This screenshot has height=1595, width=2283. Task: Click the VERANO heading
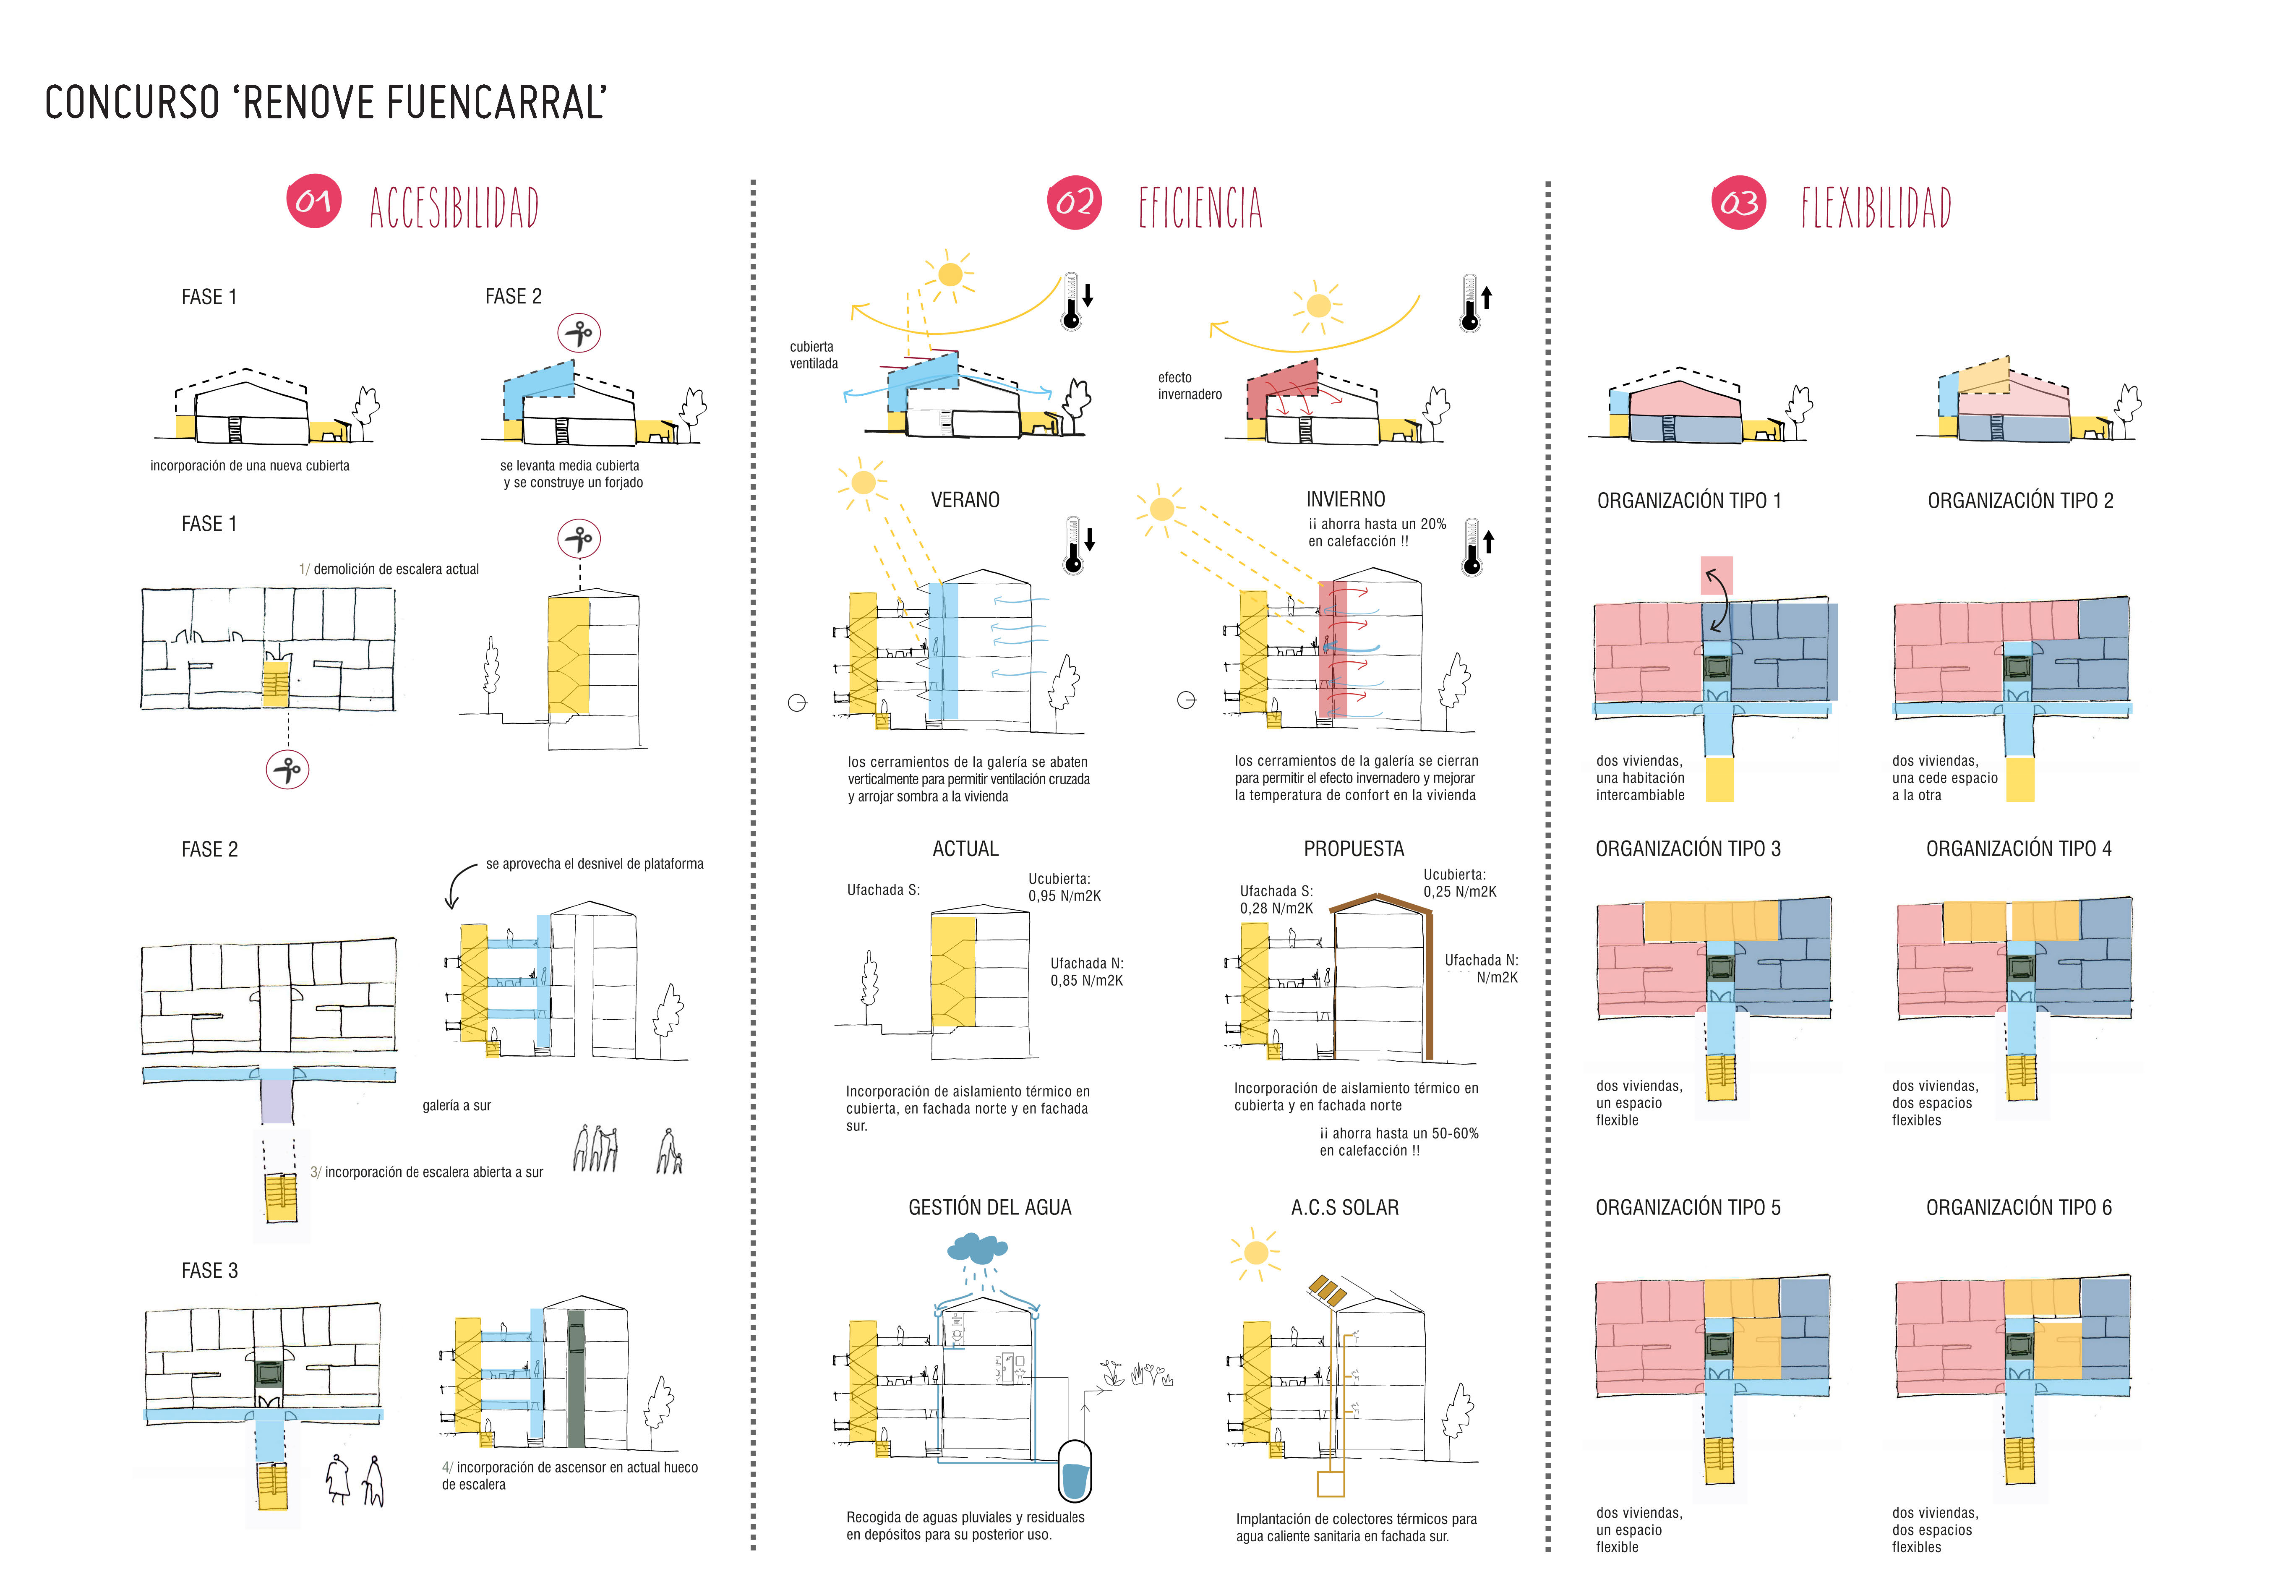tap(965, 499)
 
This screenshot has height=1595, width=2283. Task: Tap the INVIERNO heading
tap(1345, 499)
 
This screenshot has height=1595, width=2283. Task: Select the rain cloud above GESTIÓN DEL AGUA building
tap(977, 1247)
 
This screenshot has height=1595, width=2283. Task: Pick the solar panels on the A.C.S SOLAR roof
tap(1326, 1292)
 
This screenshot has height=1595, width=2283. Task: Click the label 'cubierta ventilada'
tap(813, 355)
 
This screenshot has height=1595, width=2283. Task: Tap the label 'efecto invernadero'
tap(1189, 386)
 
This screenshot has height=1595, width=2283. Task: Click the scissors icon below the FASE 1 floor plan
tap(287, 770)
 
